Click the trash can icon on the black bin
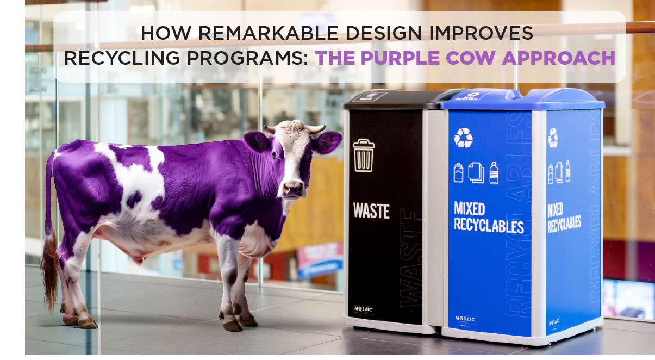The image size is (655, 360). coord(364,156)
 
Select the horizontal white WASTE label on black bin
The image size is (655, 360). coord(371,210)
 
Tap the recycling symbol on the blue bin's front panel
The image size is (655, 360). coord(463,138)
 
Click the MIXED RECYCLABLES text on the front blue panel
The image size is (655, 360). coord(488,217)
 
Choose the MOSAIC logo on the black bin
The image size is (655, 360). coord(363,309)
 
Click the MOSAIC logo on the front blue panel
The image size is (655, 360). coord(465,319)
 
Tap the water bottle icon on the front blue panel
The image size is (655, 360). coord(494,172)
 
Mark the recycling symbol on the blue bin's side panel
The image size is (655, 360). coord(553,138)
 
